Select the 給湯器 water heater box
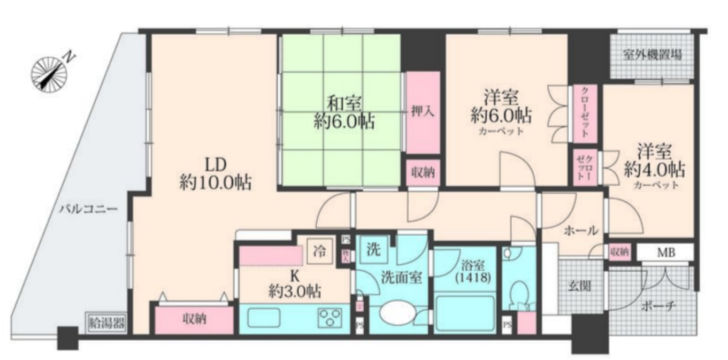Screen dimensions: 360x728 (x=106, y=322)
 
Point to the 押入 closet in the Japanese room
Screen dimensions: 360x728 (x=423, y=112)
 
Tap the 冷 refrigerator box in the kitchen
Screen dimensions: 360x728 (x=319, y=250)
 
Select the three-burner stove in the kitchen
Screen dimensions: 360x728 (x=331, y=317)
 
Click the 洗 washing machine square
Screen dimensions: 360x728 (x=373, y=249)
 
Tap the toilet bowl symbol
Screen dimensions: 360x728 (x=518, y=293)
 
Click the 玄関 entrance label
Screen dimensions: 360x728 (x=579, y=286)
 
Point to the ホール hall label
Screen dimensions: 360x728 (x=581, y=231)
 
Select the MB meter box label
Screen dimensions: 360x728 (x=665, y=252)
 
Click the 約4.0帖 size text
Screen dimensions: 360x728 (x=655, y=170)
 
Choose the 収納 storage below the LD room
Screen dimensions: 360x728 (x=195, y=320)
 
